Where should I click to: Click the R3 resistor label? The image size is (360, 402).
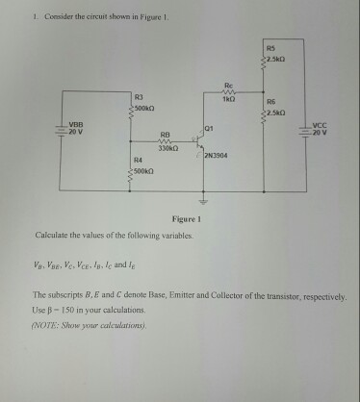click(x=139, y=98)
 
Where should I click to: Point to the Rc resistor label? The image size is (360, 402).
click(x=228, y=86)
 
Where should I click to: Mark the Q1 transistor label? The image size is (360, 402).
click(x=209, y=128)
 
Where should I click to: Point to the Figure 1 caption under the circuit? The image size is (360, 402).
click(x=186, y=219)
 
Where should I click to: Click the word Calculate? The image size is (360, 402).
click(x=52, y=235)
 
